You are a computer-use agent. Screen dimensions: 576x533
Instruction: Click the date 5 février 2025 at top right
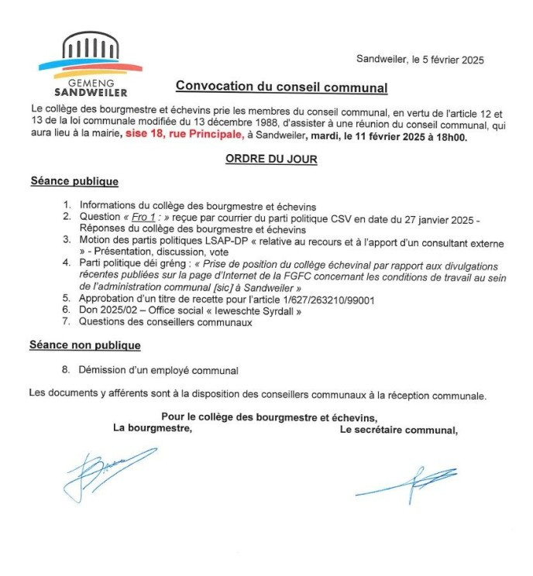point(444,60)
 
